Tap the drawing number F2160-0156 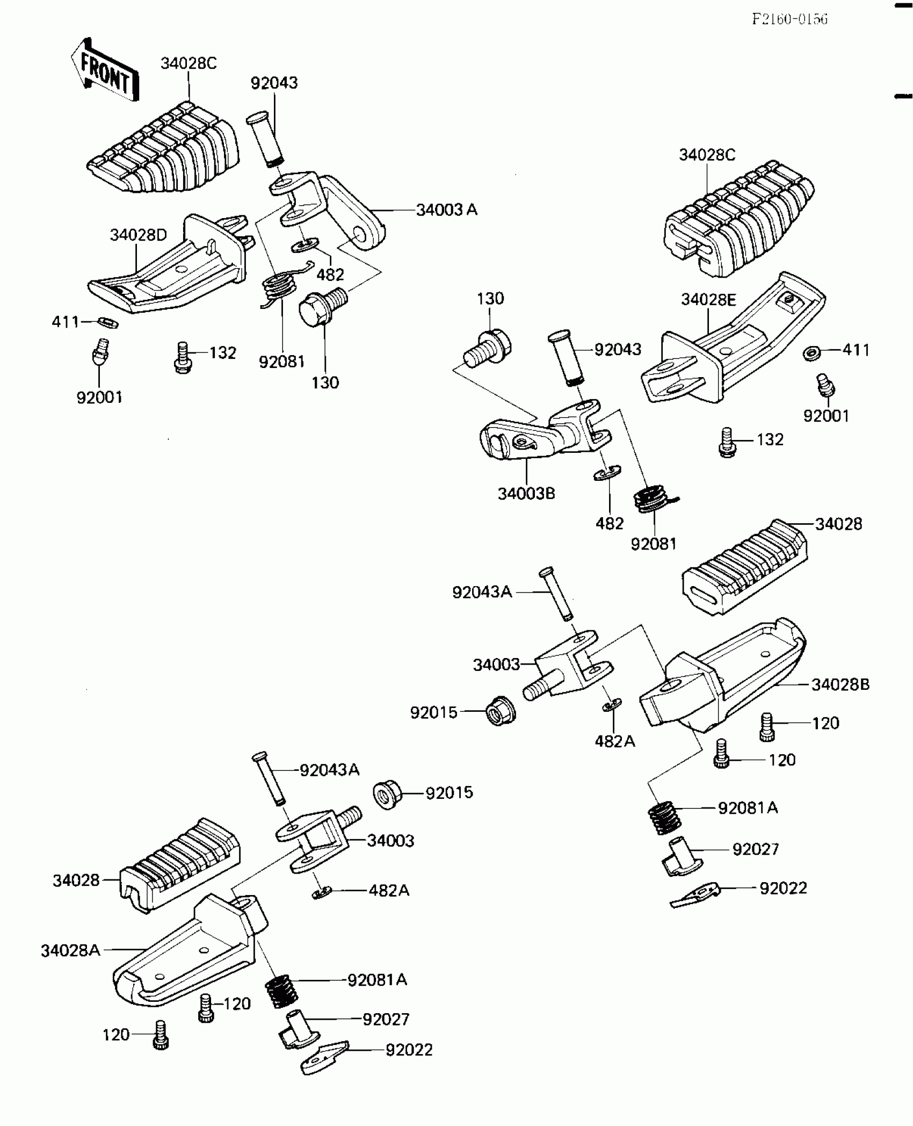(789, 19)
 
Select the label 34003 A (447, 210)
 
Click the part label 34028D (139, 235)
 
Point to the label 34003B (526, 494)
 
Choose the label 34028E (708, 300)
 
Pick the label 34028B (840, 684)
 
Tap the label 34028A (71, 951)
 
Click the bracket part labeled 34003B (542, 435)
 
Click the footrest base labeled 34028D (172, 269)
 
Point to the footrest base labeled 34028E (730, 344)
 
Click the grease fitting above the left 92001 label (99, 352)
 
